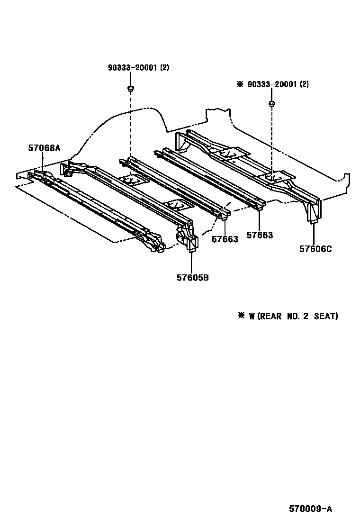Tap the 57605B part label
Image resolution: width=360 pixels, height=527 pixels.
[x=193, y=278]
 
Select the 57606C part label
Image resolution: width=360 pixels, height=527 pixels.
[x=315, y=248]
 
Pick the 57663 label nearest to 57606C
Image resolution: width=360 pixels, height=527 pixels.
[x=260, y=235]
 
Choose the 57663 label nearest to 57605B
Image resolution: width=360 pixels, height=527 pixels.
[x=225, y=239]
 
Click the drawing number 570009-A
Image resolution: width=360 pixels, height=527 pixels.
[x=311, y=509]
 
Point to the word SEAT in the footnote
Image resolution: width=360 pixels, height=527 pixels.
[x=327, y=316]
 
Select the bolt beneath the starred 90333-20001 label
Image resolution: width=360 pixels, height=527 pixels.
[x=271, y=103]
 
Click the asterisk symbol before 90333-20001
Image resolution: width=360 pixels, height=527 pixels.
[x=240, y=84]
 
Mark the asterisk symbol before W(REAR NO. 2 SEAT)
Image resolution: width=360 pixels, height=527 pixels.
[x=242, y=316]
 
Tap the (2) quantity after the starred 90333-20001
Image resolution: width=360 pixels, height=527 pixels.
[x=304, y=84]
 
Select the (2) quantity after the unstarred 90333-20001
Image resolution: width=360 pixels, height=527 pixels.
[x=164, y=68]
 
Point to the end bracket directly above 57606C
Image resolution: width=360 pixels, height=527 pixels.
[x=314, y=211]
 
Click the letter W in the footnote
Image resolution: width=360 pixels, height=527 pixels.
[x=252, y=316]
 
